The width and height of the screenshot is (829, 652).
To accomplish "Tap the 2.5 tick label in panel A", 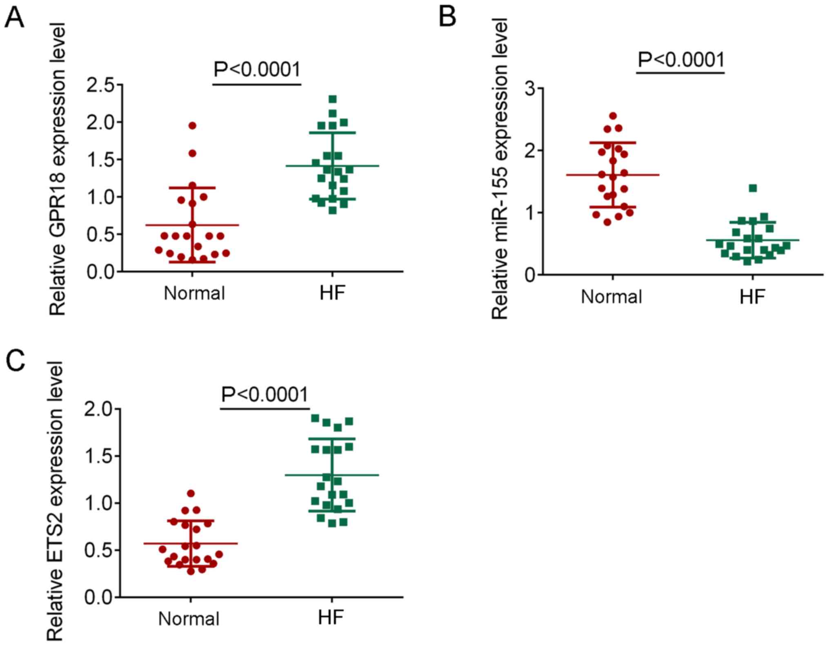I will tap(101, 85).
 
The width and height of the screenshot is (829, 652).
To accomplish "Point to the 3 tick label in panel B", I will tap(531, 89).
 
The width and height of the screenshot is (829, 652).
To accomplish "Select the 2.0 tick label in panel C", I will tap(99, 409).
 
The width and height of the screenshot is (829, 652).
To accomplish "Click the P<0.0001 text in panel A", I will tap(257, 69).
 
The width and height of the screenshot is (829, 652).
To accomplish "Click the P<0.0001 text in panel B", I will tap(681, 60).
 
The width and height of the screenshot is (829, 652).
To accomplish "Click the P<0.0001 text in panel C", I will tap(264, 394).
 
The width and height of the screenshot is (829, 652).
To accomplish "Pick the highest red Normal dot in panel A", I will tap(192, 125).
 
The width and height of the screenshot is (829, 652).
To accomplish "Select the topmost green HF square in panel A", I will tap(333, 99).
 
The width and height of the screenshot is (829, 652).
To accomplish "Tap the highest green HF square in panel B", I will tap(753, 188).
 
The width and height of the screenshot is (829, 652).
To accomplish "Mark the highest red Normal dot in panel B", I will tap(613, 116).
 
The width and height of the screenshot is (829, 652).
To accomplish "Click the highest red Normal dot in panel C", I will tap(191, 493).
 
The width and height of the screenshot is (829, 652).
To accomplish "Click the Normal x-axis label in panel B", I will tap(611, 297).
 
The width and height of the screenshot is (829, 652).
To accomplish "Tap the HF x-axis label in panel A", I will tap(332, 293).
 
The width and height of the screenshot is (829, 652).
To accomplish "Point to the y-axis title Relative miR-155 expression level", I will tap(500, 168).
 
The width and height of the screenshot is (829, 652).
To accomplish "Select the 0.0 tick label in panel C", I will tap(99, 598).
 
